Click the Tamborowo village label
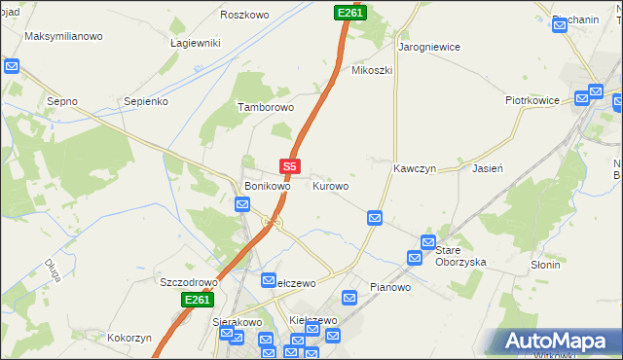click(266, 108)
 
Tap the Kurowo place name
click(330, 185)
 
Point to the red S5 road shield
click(289, 166)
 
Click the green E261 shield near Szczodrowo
click(197, 301)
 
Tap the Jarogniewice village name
click(428, 47)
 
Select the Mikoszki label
click(371, 71)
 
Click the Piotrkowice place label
click(531, 100)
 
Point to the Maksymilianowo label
click(63, 37)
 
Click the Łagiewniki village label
click(195, 43)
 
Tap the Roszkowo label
click(244, 15)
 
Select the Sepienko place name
click(147, 101)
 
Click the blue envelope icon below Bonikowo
click(241, 204)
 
